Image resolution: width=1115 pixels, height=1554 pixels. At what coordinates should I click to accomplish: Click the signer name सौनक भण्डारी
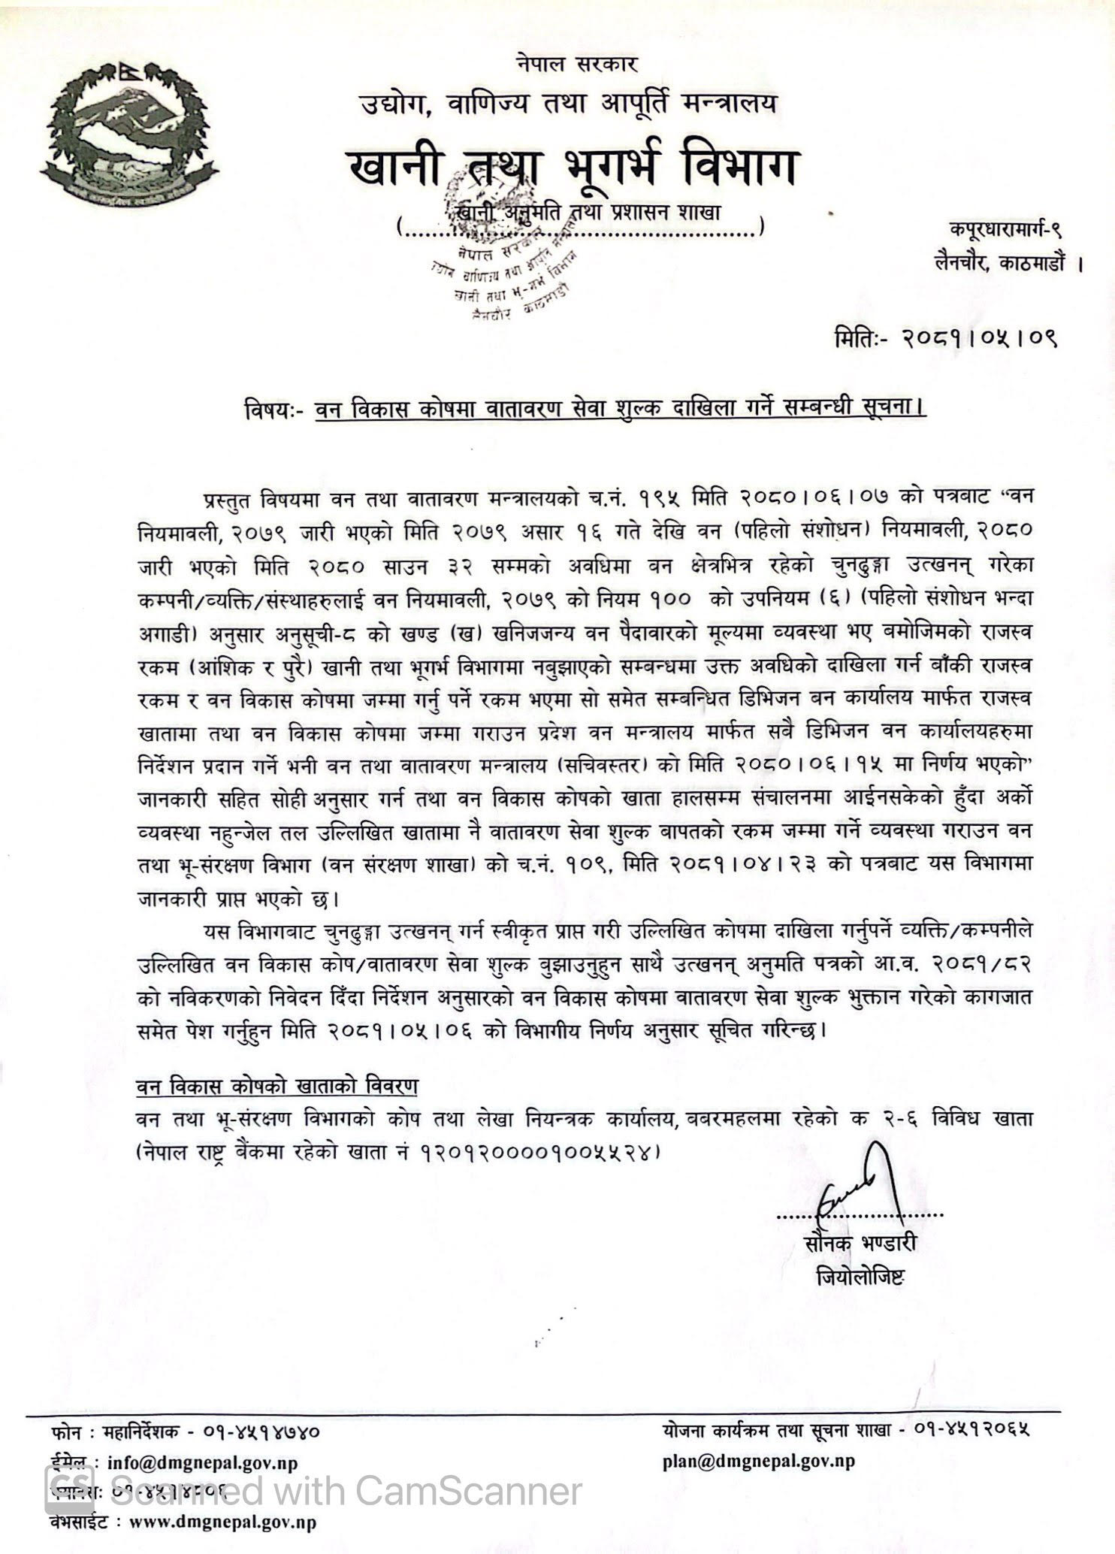tap(860, 1244)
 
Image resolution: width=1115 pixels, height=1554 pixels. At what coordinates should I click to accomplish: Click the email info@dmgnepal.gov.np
tap(203, 1461)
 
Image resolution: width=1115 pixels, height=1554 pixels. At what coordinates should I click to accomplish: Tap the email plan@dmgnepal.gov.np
tap(759, 1460)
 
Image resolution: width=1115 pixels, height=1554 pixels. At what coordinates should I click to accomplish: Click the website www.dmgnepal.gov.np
tap(222, 1522)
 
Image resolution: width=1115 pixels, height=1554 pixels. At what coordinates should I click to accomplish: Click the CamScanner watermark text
tap(346, 1492)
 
